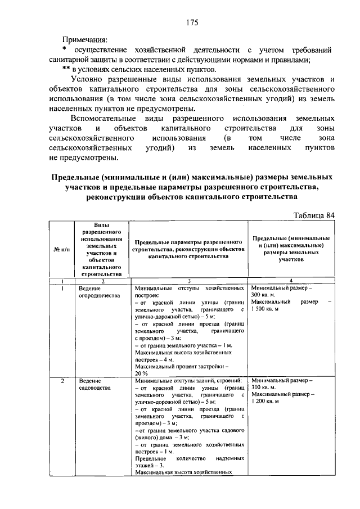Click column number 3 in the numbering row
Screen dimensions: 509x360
tap(188, 281)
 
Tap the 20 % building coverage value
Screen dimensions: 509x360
tap(141, 373)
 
